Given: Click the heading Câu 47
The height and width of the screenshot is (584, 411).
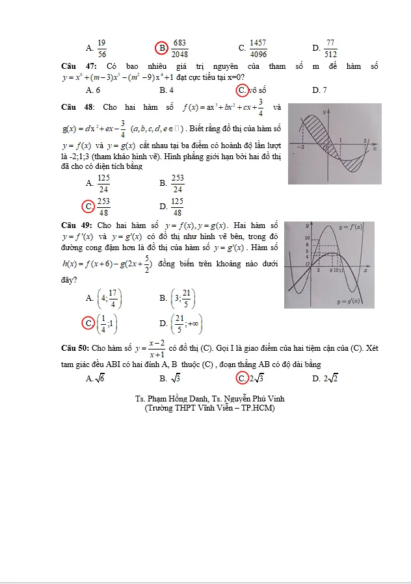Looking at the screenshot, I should [75, 66].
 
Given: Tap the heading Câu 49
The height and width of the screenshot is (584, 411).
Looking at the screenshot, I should [76, 225].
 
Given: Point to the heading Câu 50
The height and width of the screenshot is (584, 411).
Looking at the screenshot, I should [75, 348].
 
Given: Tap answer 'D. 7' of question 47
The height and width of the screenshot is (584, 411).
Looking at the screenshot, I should [319, 91].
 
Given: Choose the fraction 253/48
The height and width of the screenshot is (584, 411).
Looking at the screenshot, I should [104, 207].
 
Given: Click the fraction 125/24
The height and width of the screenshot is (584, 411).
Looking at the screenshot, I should [104, 183].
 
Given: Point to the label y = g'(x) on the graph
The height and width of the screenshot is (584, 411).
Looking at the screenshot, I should [352, 301].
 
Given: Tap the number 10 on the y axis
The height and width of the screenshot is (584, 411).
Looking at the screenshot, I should [307, 238].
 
